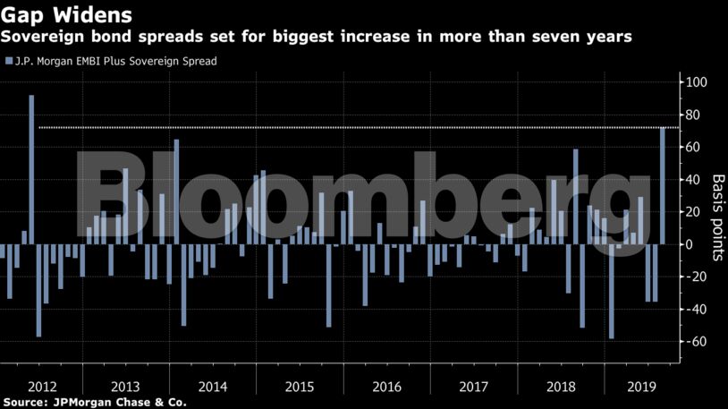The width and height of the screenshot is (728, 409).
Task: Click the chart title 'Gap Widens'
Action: pos(68,15)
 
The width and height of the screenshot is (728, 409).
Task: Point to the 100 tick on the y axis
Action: pos(695,82)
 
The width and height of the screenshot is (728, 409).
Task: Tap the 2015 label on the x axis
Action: pos(300,387)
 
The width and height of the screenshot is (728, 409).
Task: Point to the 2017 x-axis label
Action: pos(472,387)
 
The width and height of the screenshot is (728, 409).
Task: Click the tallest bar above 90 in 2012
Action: pos(31,169)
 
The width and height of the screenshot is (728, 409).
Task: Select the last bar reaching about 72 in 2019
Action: pos(663,185)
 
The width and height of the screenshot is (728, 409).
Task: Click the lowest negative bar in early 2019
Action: pos(612,291)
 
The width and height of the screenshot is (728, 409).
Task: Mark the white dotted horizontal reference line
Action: pos(358,128)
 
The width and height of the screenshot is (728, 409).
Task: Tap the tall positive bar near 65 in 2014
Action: pos(176,192)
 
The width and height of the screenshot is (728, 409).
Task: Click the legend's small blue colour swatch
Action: pos(9,61)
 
